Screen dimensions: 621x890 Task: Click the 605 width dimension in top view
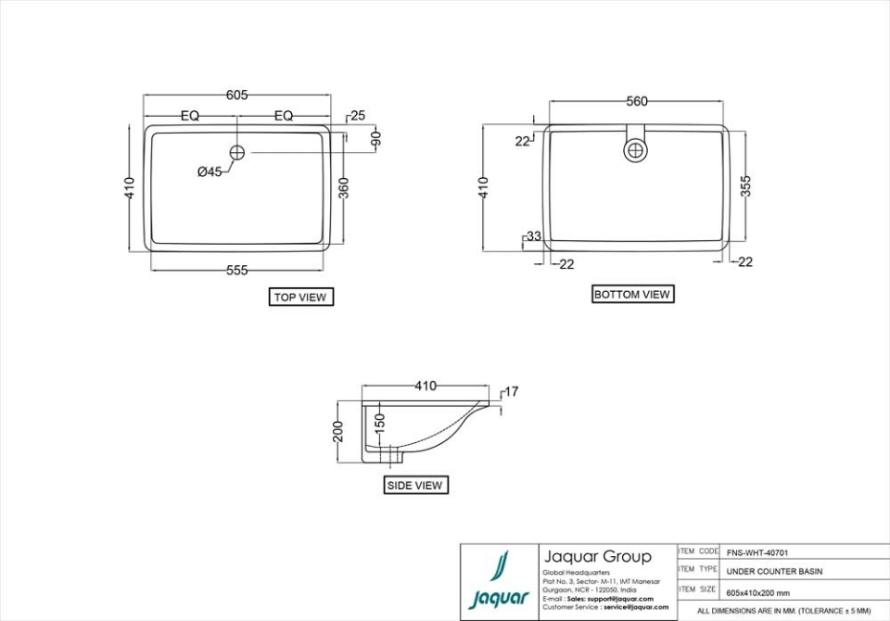[x=236, y=95]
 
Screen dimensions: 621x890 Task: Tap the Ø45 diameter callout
[x=210, y=171]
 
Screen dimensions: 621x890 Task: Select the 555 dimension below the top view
[x=236, y=271]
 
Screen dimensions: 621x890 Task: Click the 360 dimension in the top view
[x=343, y=188]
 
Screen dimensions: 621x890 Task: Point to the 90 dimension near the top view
[x=376, y=139]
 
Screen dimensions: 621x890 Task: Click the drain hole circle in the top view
[x=236, y=151]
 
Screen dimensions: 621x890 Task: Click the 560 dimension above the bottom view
[x=636, y=102]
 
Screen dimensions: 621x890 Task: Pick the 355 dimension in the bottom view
[x=746, y=185]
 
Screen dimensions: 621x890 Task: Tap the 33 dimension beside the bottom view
[x=533, y=236]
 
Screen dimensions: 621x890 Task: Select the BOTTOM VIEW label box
[x=631, y=295]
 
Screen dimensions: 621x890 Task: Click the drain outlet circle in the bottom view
[x=636, y=150]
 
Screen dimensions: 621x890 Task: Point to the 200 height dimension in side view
[x=338, y=432]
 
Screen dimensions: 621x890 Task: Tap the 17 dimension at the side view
[x=512, y=392]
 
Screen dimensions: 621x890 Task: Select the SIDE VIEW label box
[x=414, y=485]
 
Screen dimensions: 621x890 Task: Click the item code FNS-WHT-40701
[x=757, y=552]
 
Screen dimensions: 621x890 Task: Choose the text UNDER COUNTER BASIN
[x=773, y=571]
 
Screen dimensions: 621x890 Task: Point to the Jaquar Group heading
[x=597, y=557]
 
